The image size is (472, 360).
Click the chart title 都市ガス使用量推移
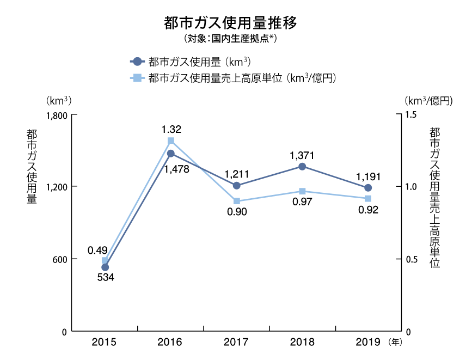(x=230, y=23)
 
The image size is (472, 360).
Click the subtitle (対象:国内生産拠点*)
(x=230, y=39)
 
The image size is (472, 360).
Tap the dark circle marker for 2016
(x=170, y=154)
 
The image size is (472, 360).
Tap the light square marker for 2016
(x=170, y=141)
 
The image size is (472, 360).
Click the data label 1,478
(x=176, y=169)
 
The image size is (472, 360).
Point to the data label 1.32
(x=171, y=130)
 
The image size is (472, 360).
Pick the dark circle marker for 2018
(x=302, y=166)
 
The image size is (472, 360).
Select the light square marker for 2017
(x=237, y=201)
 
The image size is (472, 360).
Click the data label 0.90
(x=237, y=212)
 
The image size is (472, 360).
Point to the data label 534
(x=105, y=277)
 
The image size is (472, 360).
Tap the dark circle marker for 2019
(x=368, y=188)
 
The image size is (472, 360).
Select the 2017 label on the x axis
(x=236, y=343)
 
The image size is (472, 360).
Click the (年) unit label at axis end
(x=395, y=343)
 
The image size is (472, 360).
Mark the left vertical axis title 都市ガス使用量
(x=31, y=166)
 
